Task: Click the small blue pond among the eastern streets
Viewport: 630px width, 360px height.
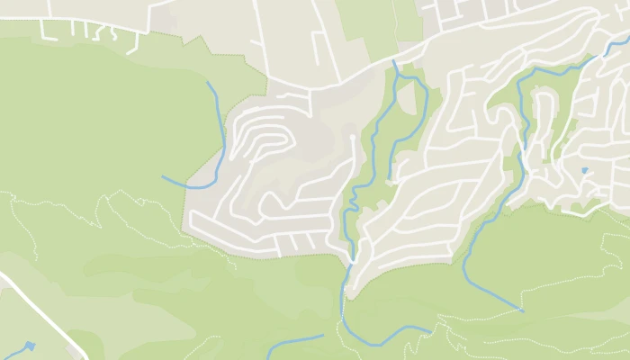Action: click(x=584, y=170)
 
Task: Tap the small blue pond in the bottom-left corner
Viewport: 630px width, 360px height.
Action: click(x=30, y=345)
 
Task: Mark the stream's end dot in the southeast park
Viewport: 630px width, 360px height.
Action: click(x=521, y=310)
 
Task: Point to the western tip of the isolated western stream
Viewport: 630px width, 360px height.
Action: click(x=163, y=176)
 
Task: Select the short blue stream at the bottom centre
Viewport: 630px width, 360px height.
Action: click(x=294, y=342)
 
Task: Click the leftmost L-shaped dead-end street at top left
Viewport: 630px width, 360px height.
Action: click(x=46, y=30)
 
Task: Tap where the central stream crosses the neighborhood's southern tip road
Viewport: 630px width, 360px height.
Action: click(x=352, y=260)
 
